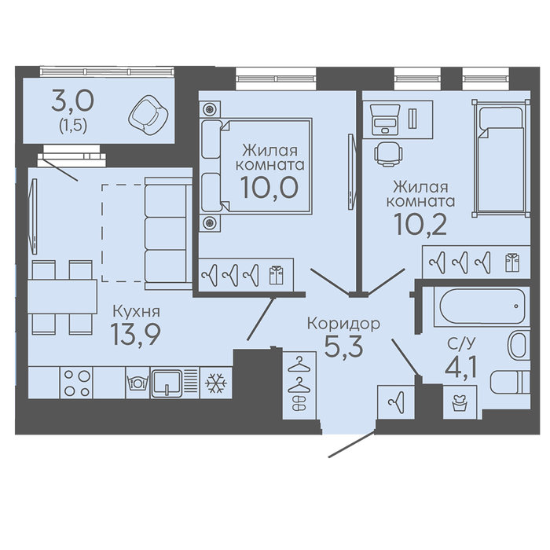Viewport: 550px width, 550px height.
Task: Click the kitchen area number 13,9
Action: click(135, 335)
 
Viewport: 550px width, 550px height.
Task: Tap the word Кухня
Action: click(136, 311)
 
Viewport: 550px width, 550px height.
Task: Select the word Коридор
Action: click(343, 324)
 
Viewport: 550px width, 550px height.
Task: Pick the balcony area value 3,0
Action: click(72, 101)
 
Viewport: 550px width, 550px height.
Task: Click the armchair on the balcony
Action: click(148, 114)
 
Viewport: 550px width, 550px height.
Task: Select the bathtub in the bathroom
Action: click(481, 306)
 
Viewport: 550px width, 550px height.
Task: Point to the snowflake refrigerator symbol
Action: click(216, 383)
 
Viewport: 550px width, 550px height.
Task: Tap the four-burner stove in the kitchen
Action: click(77, 383)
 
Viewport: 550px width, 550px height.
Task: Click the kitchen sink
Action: click(167, 383)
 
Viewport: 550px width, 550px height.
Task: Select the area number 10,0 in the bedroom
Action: click(269, 187)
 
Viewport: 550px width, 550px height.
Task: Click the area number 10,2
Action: click(420, 224)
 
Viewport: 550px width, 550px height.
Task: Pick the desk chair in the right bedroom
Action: click(388, 154)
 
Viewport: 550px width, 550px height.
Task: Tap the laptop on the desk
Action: click(385, 119)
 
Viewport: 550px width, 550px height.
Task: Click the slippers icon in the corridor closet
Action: click(299, 403)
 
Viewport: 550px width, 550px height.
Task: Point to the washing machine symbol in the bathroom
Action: click(460, 402)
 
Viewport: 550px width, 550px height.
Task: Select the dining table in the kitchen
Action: click(62, 297)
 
